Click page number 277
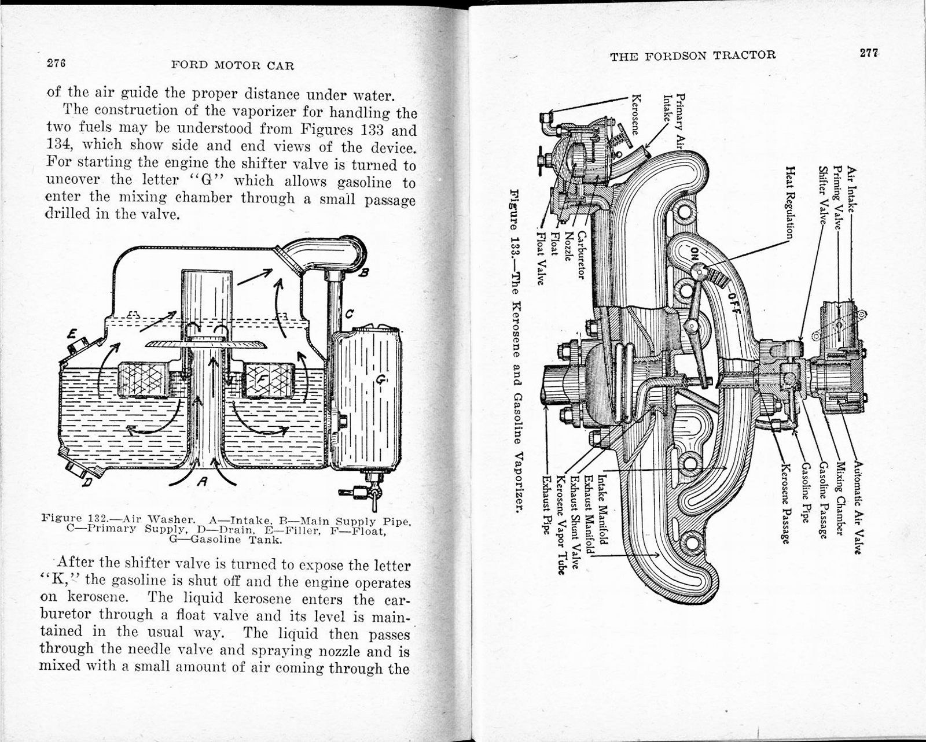click(x=869, y=53)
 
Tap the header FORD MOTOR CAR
click(x=233, y=65)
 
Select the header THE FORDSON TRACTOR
click(x=693, y=56)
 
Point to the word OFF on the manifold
click(x=731, y=301)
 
